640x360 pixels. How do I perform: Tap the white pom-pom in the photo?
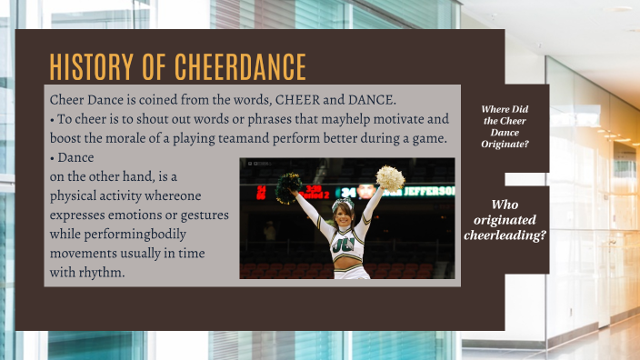pos(391,177)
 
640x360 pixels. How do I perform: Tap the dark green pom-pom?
pos(290,185)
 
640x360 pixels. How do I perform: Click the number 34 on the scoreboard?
pos(347,193)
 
